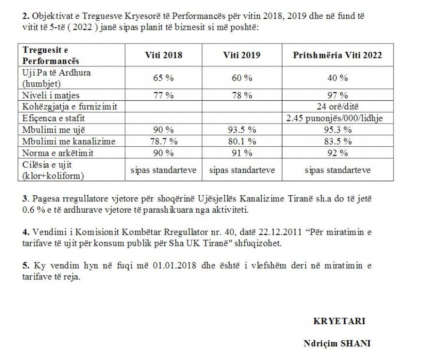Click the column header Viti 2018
tap(163, 55)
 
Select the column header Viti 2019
tap(242, 55)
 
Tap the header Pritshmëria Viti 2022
tap(337, 55)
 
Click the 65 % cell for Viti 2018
tap(163, 78)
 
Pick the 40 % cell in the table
tap(337, 78)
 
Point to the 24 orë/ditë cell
tap(337, 107)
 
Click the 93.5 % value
tap(242, 130)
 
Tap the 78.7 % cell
tap(163, 141)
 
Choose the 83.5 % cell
tap(337, 141)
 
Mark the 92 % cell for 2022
tap(337, 153)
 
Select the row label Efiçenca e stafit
tap(54, 119)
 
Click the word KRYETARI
tap(339, 321)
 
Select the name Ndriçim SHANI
tap(337, 344)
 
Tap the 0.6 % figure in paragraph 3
tap(31, 210)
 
